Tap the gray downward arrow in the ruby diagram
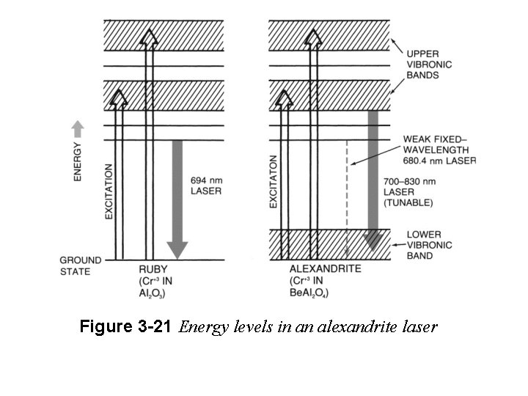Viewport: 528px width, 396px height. [177, 198]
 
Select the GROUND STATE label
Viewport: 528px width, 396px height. [76, 265]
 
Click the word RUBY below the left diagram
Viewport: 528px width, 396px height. [153, 269]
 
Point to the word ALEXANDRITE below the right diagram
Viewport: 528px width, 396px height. [326, 269]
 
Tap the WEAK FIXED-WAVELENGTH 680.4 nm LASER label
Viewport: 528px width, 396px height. [439, 150]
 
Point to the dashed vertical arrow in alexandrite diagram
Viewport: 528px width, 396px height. [346, 198]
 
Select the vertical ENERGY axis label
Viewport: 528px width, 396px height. [78, 162]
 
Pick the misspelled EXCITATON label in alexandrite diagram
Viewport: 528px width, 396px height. [274, 181]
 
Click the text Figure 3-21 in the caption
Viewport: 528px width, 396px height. [127, 327]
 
